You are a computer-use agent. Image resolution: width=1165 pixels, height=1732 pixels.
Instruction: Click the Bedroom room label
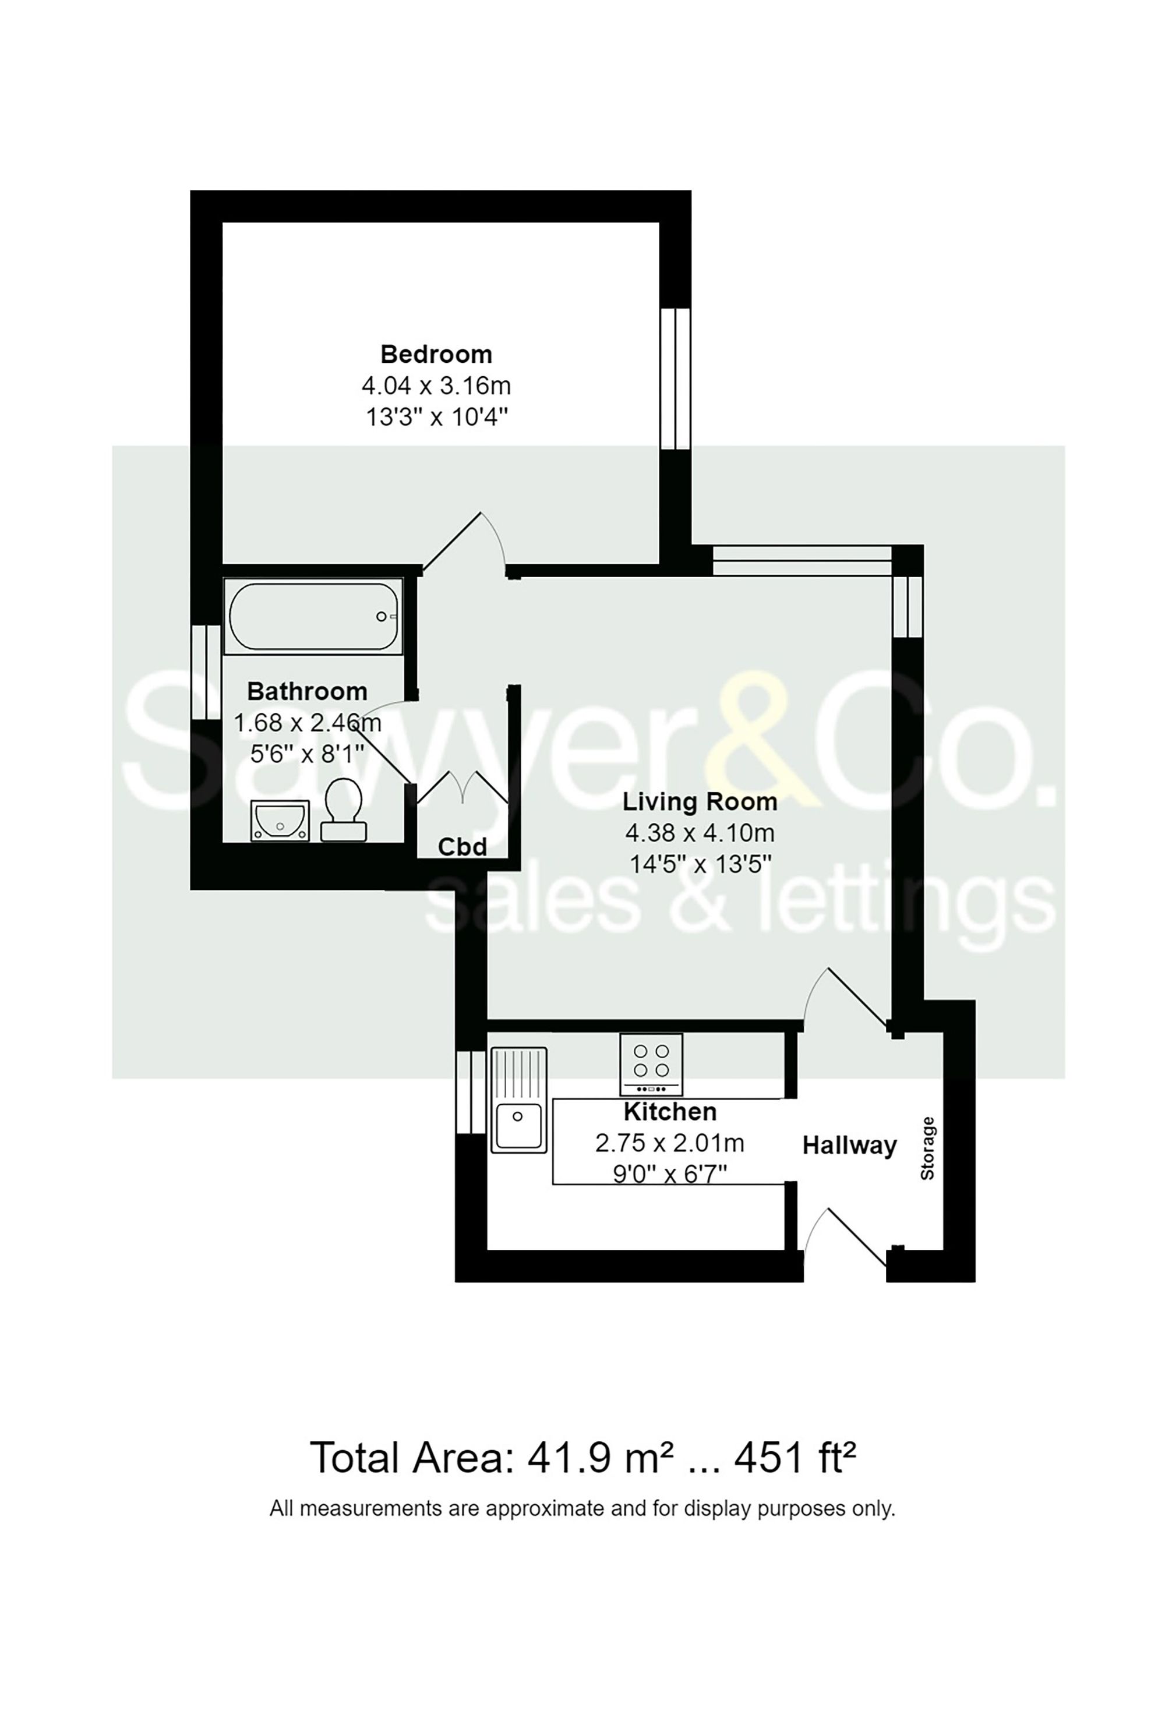(x=436, y=354)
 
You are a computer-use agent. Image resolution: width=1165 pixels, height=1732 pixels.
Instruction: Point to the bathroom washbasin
(x=280, y=821)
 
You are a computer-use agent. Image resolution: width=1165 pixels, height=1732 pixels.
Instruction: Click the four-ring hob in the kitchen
(x=651, y=1063)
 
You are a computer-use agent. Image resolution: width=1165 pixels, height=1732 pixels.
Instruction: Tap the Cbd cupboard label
(x=462, y=847)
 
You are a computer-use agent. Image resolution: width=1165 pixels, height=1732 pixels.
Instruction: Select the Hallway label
(x=849, y=1146)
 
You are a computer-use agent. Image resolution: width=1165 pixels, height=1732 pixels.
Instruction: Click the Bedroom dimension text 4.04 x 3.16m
(x=436, y=386)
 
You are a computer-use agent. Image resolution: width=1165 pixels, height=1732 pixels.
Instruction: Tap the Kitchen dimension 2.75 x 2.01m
(x=669, y=1143)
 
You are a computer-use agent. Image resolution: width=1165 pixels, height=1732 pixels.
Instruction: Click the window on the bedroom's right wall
(x=675, y=379)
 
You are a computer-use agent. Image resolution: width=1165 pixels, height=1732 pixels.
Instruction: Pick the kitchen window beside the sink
(x=470, y=1092)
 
